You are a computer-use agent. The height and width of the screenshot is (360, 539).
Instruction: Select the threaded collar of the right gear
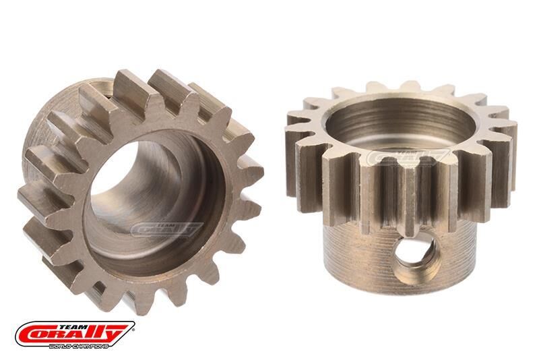(x=364, y=249)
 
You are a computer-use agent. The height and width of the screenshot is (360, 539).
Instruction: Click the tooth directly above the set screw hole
(x=408, y=196)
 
